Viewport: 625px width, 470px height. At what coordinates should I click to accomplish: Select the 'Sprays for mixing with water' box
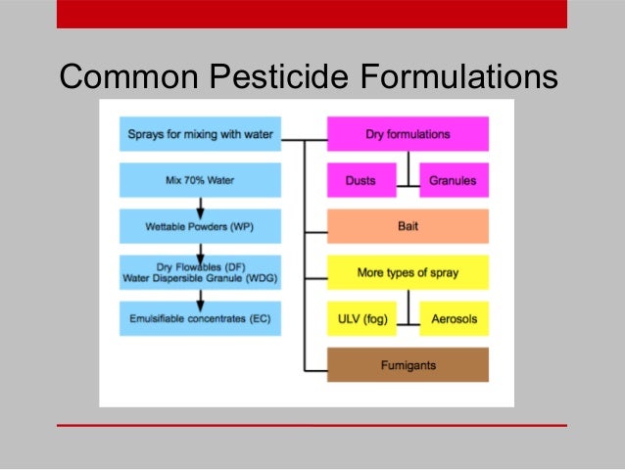[x=200, y=134]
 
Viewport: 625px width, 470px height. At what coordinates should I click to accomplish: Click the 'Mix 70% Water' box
[x=200, y=180]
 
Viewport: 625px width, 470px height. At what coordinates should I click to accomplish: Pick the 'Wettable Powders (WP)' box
[x=200, y=226]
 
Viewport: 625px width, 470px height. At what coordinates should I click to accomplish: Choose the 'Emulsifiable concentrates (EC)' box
[x=200, y=318]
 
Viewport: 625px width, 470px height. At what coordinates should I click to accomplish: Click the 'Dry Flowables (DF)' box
[x=200, y=272]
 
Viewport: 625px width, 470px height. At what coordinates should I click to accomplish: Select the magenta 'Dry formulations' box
[x=407, y=134]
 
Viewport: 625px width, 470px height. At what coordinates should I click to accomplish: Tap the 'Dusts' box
[x=361, y=180]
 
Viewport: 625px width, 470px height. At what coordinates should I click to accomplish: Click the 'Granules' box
[x=453, y=180]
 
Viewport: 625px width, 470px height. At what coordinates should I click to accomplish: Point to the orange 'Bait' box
[x=407, y=226]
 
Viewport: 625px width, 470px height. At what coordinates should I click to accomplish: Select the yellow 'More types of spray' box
[x=407, y=272]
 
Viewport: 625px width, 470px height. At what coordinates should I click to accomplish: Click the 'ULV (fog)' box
[x=361, y=318]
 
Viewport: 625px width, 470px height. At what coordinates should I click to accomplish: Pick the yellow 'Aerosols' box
[x=453, y=318]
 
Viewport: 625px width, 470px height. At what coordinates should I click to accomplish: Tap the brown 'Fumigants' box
[x=407, y=365]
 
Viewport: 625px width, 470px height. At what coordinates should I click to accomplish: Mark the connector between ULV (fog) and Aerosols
[x=407, y=320]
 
